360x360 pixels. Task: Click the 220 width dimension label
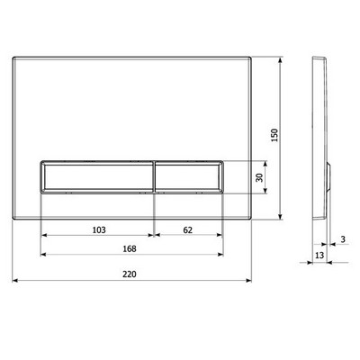[x=130, y=274]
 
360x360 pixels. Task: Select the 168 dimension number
[x=130, y=248]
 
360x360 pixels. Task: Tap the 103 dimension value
[x=99, y=230]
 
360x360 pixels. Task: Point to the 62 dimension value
[x=187, y=230]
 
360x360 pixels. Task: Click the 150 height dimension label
[x=274, y=135]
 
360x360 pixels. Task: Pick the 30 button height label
[x=259, y=177]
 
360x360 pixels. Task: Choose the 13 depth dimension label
[x=319, y=256]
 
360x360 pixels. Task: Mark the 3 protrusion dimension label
[x=343, y=239]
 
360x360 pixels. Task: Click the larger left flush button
[x=97, y=177]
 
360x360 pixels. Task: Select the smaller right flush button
[x=189, y=177]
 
